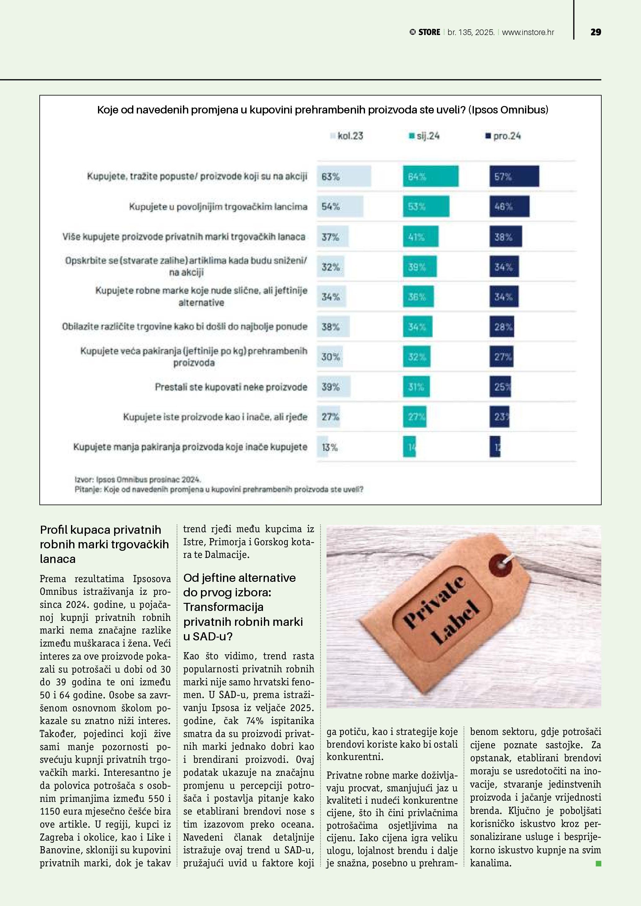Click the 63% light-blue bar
344,176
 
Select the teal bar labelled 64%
431,176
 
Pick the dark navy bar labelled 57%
514,176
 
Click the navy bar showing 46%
510,206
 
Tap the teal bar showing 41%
421,237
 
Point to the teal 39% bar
420,267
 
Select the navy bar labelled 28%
502,327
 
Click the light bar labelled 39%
334,387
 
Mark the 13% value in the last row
330,447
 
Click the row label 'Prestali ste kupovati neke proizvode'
231,387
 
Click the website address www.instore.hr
528,32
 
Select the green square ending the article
598,864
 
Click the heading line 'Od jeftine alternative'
239,578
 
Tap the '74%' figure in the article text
255,721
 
